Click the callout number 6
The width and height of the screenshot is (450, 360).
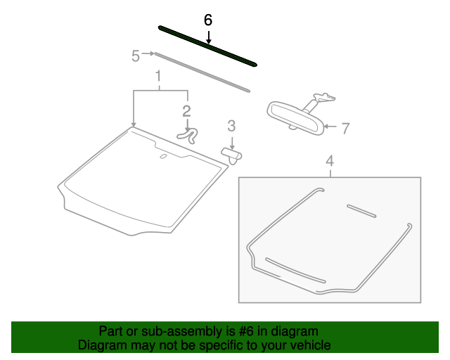[x=207, y=20]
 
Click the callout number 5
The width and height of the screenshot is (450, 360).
[x=136, y=55]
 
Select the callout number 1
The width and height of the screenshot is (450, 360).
[x=159, y=76]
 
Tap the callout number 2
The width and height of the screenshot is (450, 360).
[x=186, y=110]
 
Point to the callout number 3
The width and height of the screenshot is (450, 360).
[x=231, y=127]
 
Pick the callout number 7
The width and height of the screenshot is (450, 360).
[x=345, y=129]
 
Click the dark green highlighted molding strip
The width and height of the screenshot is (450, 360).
[x=207, y=46]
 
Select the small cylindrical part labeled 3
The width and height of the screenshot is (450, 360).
[x=231, y=153]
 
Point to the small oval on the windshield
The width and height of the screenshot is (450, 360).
[x=163, y=156]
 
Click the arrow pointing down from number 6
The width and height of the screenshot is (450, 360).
[x=207, y=37]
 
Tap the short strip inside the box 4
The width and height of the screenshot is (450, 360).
[x=361, y=210]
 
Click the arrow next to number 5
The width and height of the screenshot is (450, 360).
[x=148, y=53]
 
